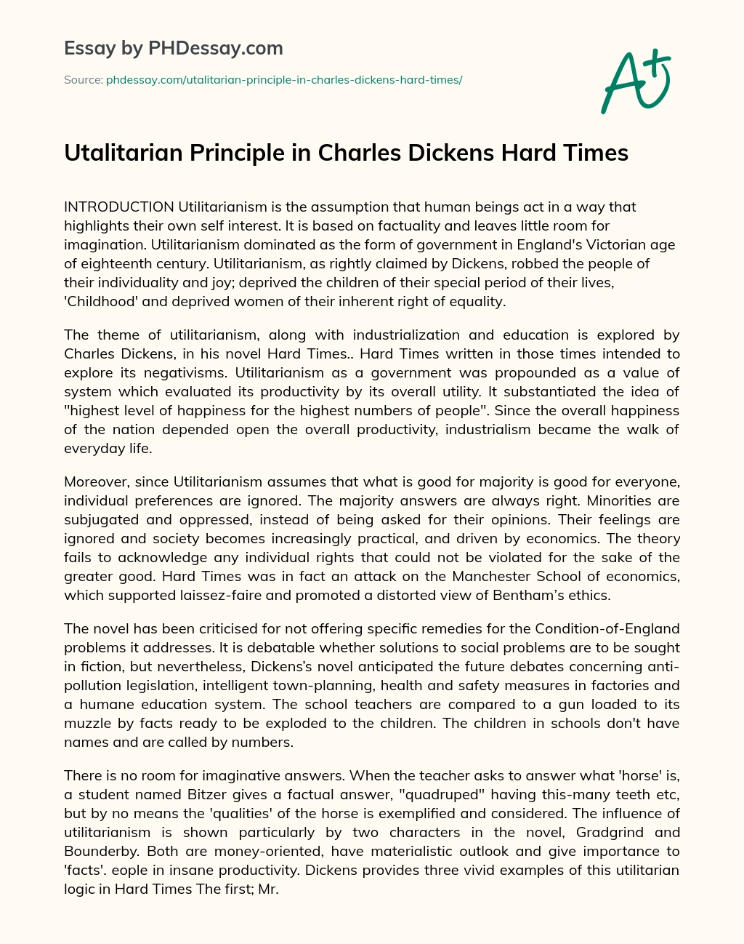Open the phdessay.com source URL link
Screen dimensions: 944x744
(x=284, y=80)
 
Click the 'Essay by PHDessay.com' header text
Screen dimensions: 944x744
(x=174, y=49)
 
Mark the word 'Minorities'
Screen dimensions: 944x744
(x=642, y=501)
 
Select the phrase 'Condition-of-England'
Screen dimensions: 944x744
(x=607, y=628)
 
